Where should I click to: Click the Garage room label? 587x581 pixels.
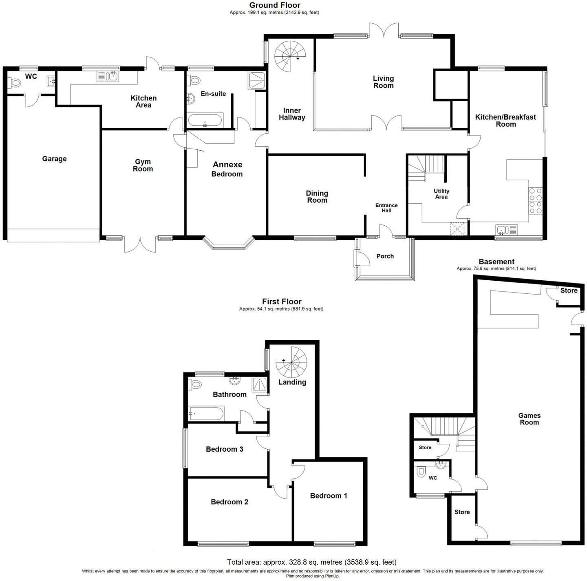54,159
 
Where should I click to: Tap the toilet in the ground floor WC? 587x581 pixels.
15,83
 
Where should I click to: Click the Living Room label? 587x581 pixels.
383,82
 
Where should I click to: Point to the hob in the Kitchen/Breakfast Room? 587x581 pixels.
535,201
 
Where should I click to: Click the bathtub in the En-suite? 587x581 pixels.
205,121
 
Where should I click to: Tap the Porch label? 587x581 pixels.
385,256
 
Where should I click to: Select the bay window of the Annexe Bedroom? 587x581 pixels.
228,244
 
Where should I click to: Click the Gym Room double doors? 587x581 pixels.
140,244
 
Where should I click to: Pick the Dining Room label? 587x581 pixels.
317,197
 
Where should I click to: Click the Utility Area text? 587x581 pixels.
441,194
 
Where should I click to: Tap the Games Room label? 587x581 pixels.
529,419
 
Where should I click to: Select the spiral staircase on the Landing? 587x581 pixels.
291,361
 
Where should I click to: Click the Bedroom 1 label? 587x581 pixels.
329,496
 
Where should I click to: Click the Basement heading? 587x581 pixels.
496,262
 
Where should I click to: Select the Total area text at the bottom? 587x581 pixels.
311,562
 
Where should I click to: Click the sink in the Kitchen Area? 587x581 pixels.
108,76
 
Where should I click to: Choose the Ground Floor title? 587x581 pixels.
274,5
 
